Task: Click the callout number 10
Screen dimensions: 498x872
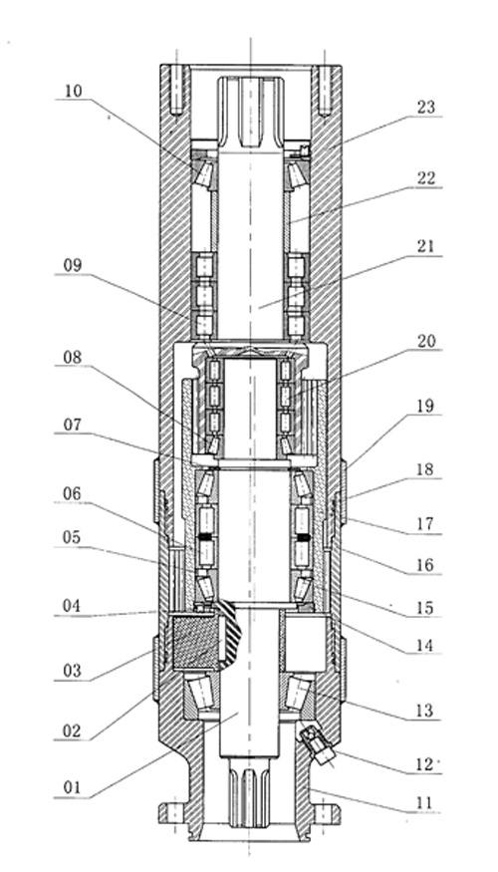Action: tap(73, 92)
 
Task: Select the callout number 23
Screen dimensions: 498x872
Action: tap(425, 108)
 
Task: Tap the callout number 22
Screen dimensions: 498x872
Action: tap(425, 179)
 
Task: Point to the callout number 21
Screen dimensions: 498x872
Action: tap(425, 246)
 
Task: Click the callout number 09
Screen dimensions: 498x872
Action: tap(73, 266)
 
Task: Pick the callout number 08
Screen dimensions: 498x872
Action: tap(73, 358)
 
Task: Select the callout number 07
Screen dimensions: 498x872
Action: tap(73, 426)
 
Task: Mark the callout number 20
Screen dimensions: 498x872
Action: tap(425, 341)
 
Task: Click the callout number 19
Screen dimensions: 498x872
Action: tap(425, 406)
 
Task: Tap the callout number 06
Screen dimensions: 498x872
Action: tap(73, 494)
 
